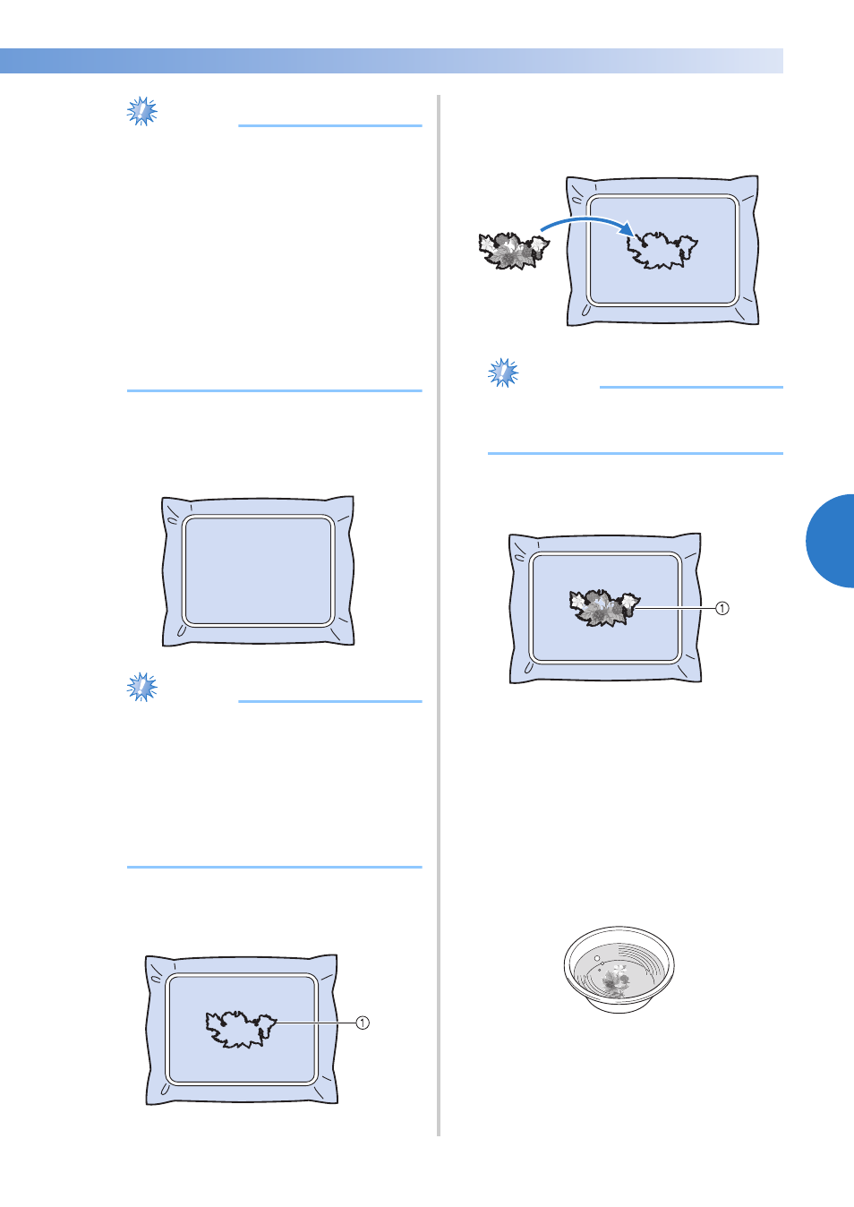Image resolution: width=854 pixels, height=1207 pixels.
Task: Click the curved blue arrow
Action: tap(588, 220)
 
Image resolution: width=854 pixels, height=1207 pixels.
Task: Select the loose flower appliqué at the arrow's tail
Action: tap(514, 251)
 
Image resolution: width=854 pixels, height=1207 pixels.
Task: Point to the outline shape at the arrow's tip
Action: tap(662, 250)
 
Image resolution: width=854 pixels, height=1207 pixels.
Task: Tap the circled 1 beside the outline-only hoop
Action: tap(363, 1023)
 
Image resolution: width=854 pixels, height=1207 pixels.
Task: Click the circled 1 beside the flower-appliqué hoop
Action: tap(722, 608)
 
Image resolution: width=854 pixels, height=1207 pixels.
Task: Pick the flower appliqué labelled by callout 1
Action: tap(604, 608)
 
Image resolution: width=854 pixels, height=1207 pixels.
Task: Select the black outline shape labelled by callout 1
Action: tap(241, 1029)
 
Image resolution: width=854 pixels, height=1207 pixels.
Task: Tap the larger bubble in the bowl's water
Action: tap(597, 959)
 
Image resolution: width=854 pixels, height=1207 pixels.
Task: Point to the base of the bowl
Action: tap(619, 1006)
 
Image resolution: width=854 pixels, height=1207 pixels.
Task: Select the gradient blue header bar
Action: tap(391, 61)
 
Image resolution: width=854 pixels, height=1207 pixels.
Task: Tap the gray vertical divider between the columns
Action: tap(440, 615)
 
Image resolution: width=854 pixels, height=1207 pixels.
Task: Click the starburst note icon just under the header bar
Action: tap(141, 111)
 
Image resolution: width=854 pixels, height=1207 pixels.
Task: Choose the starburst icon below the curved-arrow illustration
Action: tap(503, 372)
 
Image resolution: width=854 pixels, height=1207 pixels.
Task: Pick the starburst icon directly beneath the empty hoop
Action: tap(141, 687)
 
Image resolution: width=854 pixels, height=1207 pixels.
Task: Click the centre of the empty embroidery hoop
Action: tap(259, 570)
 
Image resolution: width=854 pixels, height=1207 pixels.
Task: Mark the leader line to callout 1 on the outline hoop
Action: tap(316, 1023)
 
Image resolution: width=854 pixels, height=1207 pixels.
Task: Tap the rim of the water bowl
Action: tap(619, 929)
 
